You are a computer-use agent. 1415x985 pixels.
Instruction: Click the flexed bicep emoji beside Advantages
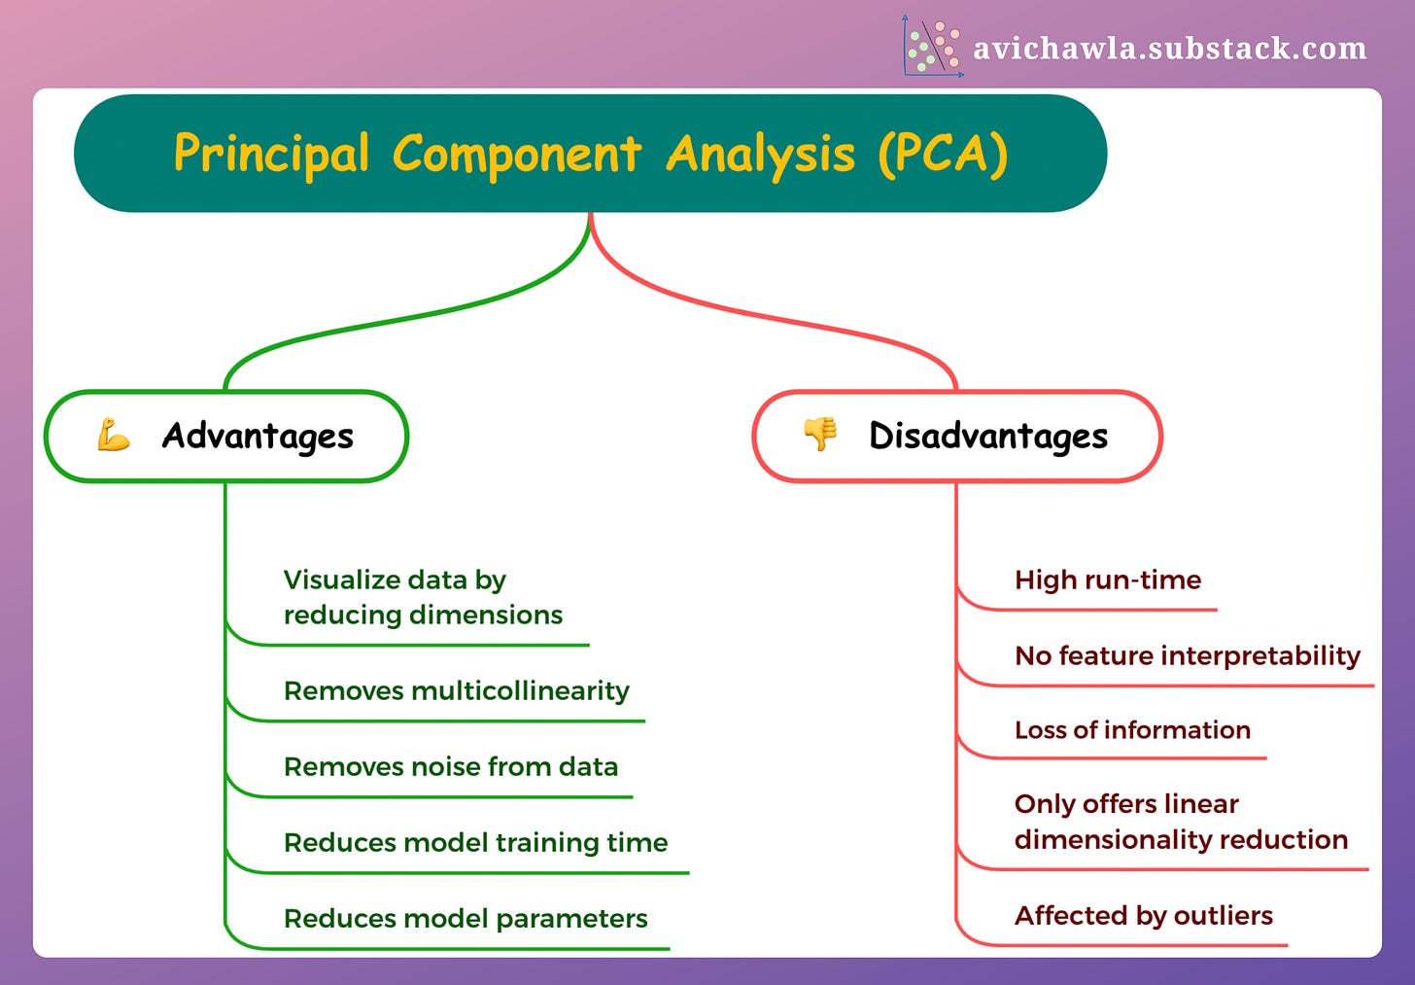114,436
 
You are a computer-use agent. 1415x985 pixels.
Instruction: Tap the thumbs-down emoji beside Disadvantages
820,434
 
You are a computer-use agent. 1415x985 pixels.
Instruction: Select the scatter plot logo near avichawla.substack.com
932,46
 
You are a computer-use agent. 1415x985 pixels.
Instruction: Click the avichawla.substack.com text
1169,48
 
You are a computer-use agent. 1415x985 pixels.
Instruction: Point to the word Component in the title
516,154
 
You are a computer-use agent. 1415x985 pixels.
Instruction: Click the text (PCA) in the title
943,154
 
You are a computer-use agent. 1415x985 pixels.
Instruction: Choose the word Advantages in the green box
258,437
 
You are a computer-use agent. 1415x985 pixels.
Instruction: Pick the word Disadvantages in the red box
987,437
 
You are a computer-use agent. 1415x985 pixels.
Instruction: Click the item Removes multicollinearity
456,691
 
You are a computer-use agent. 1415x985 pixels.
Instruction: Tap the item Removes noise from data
450,767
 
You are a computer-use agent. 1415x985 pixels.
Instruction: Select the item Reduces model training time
475,843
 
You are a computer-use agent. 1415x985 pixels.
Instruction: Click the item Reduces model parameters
465,919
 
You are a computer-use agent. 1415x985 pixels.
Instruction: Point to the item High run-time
1107,580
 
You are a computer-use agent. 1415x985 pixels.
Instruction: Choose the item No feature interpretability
1187,656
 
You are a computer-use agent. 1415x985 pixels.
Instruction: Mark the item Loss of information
1132,730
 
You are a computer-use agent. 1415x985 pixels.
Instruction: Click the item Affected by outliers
1143,916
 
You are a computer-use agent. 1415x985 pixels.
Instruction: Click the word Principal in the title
271,154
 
